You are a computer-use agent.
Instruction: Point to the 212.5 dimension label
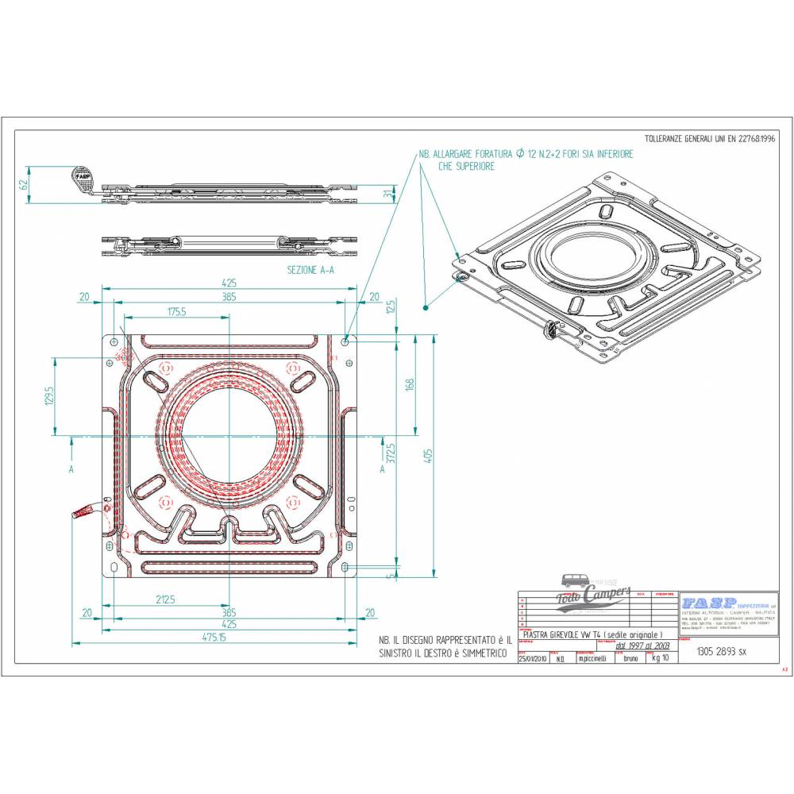pos(165,599)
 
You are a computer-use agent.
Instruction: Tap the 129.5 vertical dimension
pos(49,395)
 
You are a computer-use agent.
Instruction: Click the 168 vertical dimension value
pos(410,384)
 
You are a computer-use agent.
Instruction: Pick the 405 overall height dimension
pos(430,456)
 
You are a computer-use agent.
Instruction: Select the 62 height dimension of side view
pos(24,182)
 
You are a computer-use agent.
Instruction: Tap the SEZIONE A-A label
pos(310,270)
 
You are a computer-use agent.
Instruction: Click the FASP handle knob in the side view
pos(82,177)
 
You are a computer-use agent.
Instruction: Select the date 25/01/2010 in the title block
pos(532,658)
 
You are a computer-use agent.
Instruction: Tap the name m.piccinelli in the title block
pos(592,658)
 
